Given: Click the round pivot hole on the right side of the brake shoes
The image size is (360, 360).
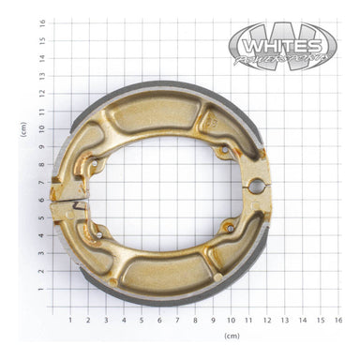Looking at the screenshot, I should click(253, 186).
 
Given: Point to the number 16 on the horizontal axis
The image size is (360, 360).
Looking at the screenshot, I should click(337, 320).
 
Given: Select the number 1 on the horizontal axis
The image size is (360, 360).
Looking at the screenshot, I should click(69, 320).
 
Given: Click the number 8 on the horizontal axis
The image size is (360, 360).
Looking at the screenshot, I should click(194, 320).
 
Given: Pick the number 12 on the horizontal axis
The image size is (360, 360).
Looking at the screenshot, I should click(266, 320).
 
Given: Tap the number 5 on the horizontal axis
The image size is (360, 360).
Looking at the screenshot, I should click(141, 320).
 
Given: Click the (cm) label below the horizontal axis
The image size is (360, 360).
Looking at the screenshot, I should click(232, 335).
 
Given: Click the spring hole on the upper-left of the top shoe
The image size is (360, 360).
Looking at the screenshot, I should click(94, 166).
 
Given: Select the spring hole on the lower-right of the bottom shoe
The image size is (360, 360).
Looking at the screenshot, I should click(224, 224).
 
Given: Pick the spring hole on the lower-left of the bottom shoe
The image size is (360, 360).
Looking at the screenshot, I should click(97, 230).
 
